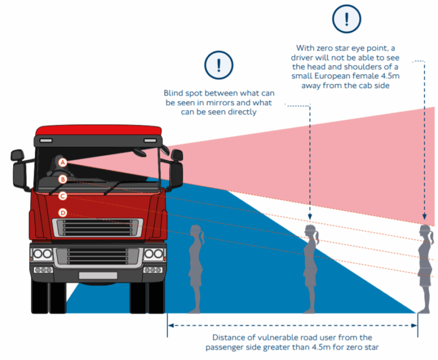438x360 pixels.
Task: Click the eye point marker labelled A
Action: [x=63, y=163]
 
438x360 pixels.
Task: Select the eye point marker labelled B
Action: [x=63, y=179]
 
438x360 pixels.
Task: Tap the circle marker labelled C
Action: [x=63, y=196]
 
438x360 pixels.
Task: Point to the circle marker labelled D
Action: [x=63, y=213]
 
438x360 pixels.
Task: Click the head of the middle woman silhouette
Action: [x=311, y=232]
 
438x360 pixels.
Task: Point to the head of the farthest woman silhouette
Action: [x=424, y=232]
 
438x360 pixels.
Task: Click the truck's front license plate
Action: [x=98, y=276]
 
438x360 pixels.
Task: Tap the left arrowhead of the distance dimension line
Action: [x=170, y=325]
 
